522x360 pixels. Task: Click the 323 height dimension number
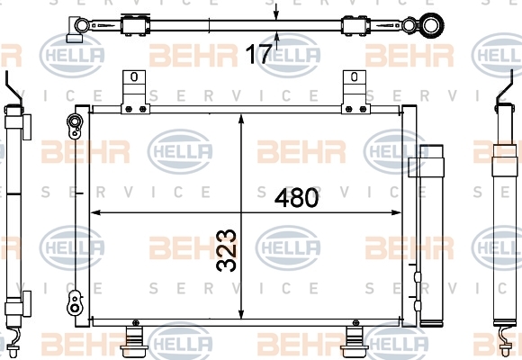pos(227,250)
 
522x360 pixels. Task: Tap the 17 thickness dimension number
pos(258,54)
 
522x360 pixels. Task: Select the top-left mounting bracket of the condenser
pos(134,92)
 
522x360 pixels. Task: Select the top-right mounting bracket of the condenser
pos(355,92)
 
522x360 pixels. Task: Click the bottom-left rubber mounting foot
pos(134,339)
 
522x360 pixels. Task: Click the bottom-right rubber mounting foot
pos(355,339)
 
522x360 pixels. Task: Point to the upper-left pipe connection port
pos(75,126)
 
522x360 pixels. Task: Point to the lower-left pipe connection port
pos(75,303)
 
